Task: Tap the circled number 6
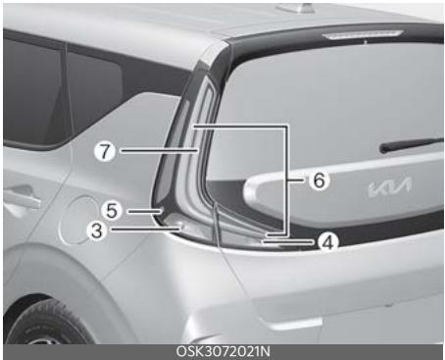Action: (321, 180)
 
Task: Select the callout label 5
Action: (113, 209)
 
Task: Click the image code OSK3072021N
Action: (222, 351)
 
